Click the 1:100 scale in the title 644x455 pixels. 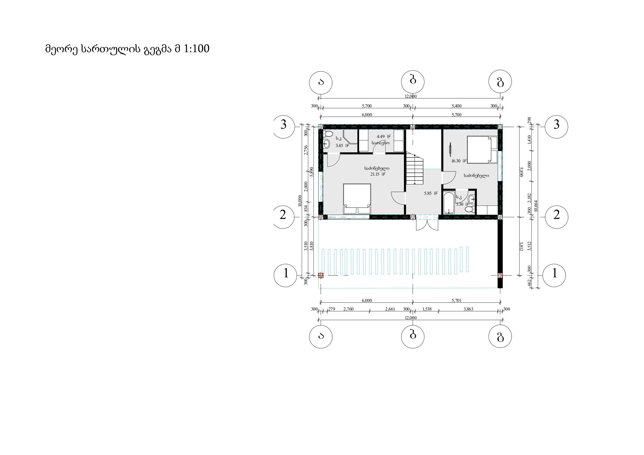[196, 49]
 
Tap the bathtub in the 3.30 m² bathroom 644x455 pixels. [449, 203]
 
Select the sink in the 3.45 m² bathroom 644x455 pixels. [327, 143]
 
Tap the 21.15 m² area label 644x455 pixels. [377, 174]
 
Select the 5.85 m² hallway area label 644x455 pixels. [431, 194]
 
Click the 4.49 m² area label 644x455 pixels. [383, 136]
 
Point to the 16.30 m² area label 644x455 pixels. [459, 161]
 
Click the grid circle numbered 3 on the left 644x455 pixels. [283, 127]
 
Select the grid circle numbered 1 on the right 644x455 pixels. [554, 275]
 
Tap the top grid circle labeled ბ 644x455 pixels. [413, 81]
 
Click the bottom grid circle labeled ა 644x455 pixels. [321, 337]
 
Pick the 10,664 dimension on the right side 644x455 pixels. [536, 206]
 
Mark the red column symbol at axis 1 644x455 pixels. [321, 275]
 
